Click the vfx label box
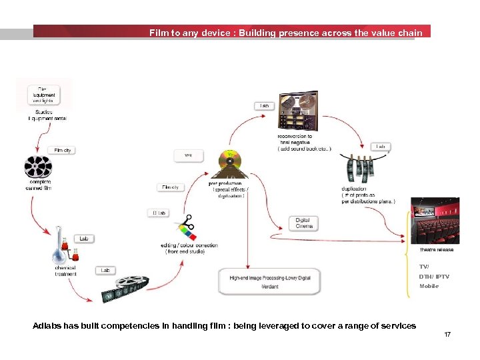tap(188, 155)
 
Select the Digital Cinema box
tap(303, 223)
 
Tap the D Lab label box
tap(159, 213)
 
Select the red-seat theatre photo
tap(435, 221)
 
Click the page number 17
tap(447, 334)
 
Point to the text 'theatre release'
tap(436, 249)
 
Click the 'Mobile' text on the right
tap(429, 286)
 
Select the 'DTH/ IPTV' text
tap(434, 276)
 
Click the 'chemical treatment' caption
tap(65, 271)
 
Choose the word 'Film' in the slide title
tap(159, 32)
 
